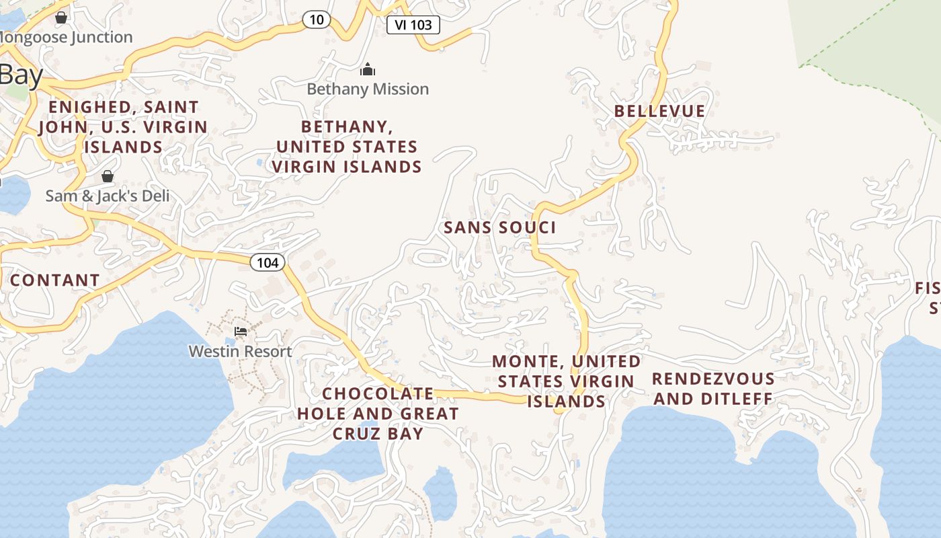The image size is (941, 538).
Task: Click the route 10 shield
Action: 316,20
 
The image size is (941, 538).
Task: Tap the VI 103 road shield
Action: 413,25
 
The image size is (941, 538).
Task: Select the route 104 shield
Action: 268,262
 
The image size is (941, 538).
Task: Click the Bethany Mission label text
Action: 368,89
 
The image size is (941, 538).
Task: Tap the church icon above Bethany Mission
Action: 367,69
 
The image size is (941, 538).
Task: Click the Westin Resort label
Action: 240,351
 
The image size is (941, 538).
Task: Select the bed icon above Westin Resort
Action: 240,332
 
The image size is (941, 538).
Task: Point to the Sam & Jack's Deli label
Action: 108,196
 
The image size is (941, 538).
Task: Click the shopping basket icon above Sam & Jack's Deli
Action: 108,176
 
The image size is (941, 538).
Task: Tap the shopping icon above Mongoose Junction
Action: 61,17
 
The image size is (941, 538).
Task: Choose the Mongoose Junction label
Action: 67,37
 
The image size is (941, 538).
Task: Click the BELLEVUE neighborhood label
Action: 659,111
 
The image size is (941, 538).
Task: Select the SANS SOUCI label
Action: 500,228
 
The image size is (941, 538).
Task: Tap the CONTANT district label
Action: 54,280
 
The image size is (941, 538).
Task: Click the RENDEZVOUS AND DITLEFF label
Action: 713,389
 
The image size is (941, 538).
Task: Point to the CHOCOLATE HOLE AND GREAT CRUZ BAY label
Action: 378,413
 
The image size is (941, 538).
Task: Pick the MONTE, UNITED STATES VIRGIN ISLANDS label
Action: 566,381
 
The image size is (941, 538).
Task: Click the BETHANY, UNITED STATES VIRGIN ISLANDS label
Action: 347,147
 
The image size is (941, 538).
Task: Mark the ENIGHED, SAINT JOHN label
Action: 123,127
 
